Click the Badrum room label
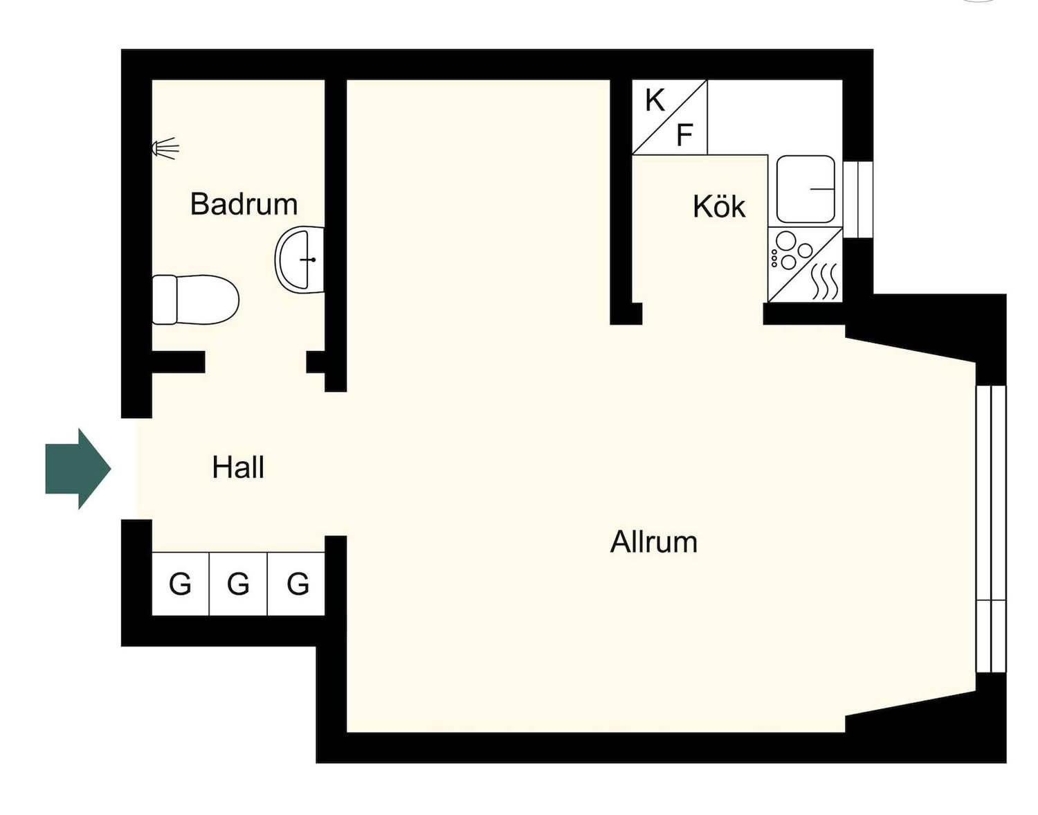tap(244, 204)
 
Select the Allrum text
tap(653, 542)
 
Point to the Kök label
tap(719, 206)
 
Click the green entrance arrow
tap(78, 469)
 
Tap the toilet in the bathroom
tap(195, 300)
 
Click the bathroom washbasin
tap(300, 259)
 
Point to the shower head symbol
tap(165, 147)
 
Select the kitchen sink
tap(806, 189)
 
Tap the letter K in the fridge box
tap(655, 101)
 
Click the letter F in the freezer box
tap(684, 135)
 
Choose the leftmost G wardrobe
tap(181, 584)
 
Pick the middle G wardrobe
tap(238, 584)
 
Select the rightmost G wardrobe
tap(296, 584)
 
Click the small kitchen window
tap(858, 200)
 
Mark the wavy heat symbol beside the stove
tap(825, 281)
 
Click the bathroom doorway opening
tap(255, 362)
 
